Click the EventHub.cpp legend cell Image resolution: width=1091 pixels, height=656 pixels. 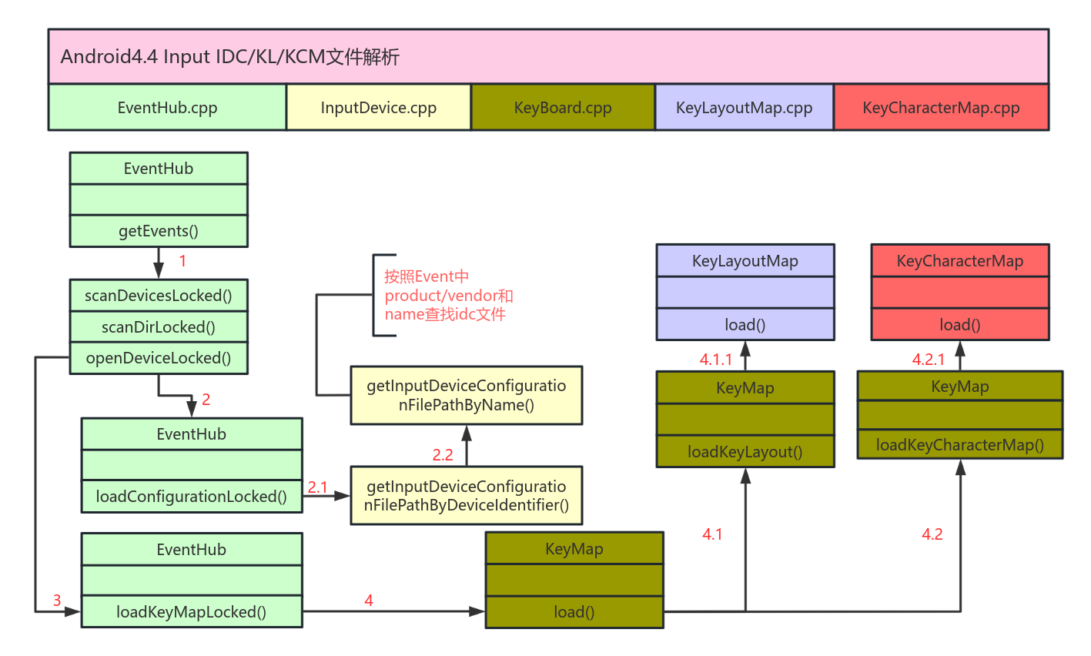tap(167, 108)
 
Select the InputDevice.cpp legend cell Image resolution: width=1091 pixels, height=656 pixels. tap(378, 108)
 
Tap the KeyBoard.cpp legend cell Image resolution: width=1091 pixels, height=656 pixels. tap(563, 108)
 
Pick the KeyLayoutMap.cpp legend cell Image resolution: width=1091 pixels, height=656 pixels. tap(744, 108)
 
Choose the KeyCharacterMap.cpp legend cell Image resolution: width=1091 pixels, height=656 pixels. tap(941, 108)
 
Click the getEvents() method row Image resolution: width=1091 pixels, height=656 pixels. tap(159, 231)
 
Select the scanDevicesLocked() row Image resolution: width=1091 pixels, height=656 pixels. tap(159, 296)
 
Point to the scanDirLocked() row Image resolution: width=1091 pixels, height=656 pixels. tap(159, 327)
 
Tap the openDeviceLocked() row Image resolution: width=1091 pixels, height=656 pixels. tap(159, 358)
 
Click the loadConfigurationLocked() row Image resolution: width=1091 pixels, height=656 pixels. tap(192, 497)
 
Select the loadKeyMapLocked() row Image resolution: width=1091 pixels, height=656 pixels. tap(192, 612)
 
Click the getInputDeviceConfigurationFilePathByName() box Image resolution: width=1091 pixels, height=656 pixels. tap(466, 395)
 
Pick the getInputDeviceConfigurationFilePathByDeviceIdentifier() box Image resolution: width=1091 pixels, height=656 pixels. tap(466, 495)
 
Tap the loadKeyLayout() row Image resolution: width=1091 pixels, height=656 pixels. tap(745, 452)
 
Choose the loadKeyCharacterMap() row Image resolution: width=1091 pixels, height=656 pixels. tap(959, 445)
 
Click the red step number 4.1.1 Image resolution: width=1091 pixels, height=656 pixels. tap(715, 360)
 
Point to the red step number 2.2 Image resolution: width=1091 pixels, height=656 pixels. tap(443, 455)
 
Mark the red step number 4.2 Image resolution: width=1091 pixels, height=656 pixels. tap(932, 534)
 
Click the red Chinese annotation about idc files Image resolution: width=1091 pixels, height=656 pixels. tap(448, 296)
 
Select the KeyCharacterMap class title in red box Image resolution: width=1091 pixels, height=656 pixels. tap(959, 261)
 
